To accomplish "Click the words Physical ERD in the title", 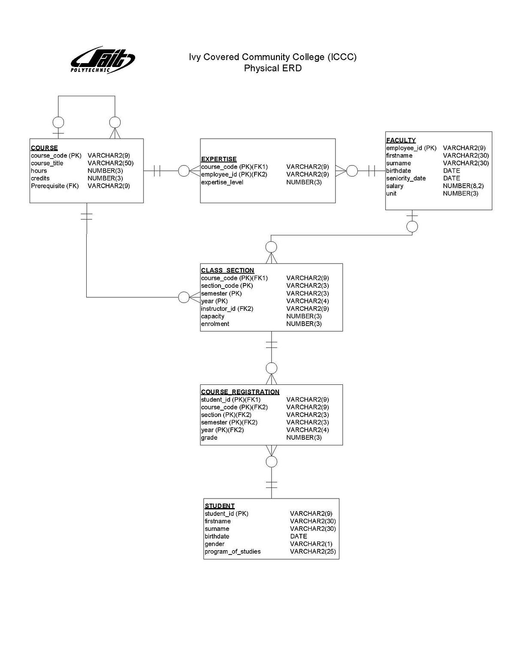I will point(273,68).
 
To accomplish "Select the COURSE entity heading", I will point(44,148).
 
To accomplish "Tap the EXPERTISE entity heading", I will point(219,159).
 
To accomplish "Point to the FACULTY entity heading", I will point(401,140).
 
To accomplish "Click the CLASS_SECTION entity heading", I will point(227,270).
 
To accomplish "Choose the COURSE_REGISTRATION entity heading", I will point(240,392).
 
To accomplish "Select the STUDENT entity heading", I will point(219,506).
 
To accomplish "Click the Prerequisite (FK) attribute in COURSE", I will point(55,186).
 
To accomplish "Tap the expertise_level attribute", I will point(222,182).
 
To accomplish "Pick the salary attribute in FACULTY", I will point(394,186).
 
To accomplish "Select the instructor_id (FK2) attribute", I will point(227,309).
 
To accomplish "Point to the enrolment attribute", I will point(215,324).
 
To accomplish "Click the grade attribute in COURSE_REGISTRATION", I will point(209,438).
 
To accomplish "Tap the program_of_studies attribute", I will point(232,551).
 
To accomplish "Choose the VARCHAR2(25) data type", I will point(313,551).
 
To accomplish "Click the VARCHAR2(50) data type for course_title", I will point(110,163).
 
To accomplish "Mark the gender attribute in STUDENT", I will point(214,544).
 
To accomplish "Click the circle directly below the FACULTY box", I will point(412,226).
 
